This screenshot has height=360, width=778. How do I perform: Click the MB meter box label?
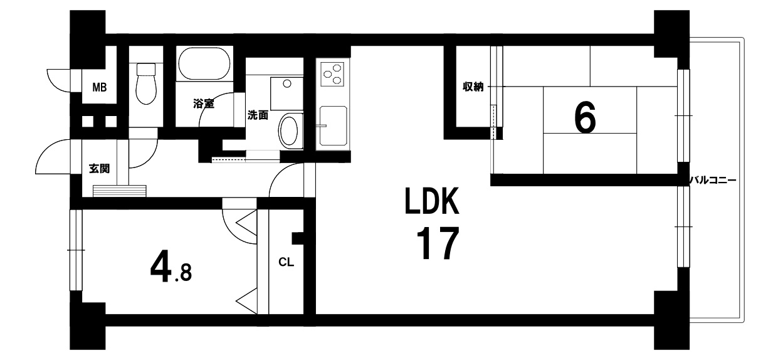(x=99, y=88)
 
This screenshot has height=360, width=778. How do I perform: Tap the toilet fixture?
(x=146, y=83)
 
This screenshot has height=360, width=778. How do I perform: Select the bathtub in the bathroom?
(x=204, y=64)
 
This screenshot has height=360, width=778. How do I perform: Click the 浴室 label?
(x=204, y=103)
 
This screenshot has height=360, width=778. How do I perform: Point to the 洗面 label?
(x=258, y=115)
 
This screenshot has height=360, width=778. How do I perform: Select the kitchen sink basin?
(x=333, y=125)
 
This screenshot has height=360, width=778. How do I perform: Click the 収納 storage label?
(x=473, y=87)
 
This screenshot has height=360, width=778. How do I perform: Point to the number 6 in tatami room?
(x=586, y=117)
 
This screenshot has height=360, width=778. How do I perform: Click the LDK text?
(x=433, y=201)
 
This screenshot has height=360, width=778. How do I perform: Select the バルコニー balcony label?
(x=713, y=181)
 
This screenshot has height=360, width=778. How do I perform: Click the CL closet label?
(x=286, y=262)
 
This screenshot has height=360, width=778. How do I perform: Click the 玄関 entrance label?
(x=99, y=169)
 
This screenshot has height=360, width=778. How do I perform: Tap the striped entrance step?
(x=120, y=191)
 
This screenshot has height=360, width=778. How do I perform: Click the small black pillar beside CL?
(x=298, y=239)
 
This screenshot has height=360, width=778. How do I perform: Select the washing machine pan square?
(x=286, y=93)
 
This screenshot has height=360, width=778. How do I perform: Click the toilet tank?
(x=146, y=69)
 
